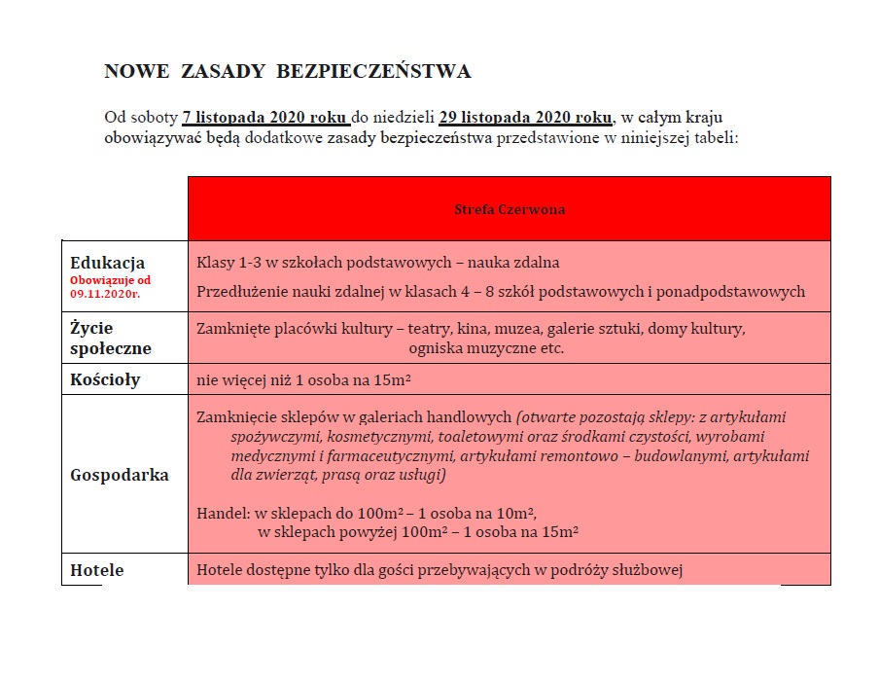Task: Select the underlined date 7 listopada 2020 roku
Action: pos(265,118)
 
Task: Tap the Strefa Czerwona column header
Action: pos(510,209)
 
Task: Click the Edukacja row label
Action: pos(108,263)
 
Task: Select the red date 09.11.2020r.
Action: pos(104,292)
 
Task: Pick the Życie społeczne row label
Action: pos(111,338)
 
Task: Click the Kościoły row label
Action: pos(105,379)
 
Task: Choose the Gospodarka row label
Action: pos(120,475)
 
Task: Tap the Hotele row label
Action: pos(97,570)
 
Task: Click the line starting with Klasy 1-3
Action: pos(377,263)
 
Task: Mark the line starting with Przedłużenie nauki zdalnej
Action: pos(500,291)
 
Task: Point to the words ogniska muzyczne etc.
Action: pos(486,347)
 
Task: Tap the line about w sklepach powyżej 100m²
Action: pos(418,531)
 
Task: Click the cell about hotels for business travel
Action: pos(439,570)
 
